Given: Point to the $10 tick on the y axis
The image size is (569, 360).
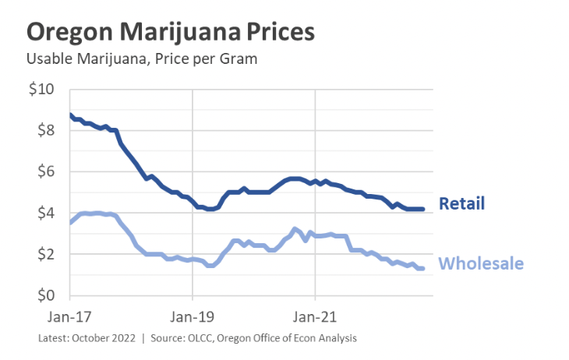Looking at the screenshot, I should click(41, 89).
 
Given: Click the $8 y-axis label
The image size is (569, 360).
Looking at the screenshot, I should click(45, 130).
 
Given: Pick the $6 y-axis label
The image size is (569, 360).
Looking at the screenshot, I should click(45, 171).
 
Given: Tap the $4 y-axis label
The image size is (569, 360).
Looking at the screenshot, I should click(45, 213).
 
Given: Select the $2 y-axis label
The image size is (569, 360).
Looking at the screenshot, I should click(45, 254).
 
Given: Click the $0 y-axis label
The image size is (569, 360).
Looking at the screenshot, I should click(45, 295).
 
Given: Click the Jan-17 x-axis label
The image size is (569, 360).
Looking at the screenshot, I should click(70, 318).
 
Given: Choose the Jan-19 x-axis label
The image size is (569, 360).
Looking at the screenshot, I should click(193, 318).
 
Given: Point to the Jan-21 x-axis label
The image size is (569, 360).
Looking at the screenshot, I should click(315, 318).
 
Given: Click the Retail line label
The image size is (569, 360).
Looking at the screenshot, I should click(462, 204).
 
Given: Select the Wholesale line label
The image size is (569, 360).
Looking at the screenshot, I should click(482, 263).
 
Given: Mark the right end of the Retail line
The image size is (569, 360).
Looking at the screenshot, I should click(422, 209).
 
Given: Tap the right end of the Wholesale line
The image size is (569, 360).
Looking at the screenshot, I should click(422, 268).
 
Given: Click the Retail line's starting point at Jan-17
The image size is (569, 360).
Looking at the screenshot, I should click(70, 115).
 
